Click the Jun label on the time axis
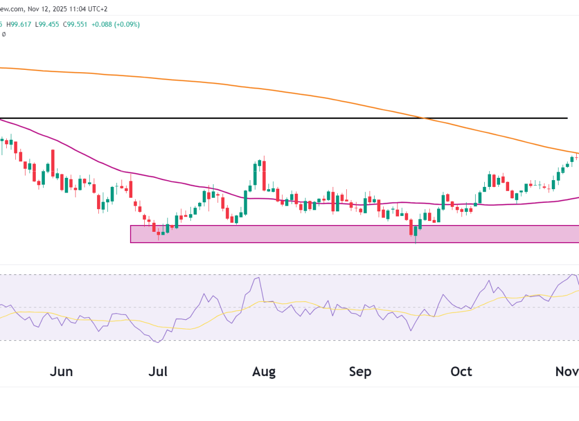tap(61, 372)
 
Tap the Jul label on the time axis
tap(158, 372)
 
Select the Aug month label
tap(264, 372)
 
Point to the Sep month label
tap(360, 372)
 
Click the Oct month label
tap(461, 372)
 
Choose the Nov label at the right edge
tap(567, 372)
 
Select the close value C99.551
tap(77, 24)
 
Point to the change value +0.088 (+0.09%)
tap(117, 24)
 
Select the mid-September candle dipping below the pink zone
tap(416, 232)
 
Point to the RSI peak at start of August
tap(259, 278)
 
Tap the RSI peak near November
tap(573, 275)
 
